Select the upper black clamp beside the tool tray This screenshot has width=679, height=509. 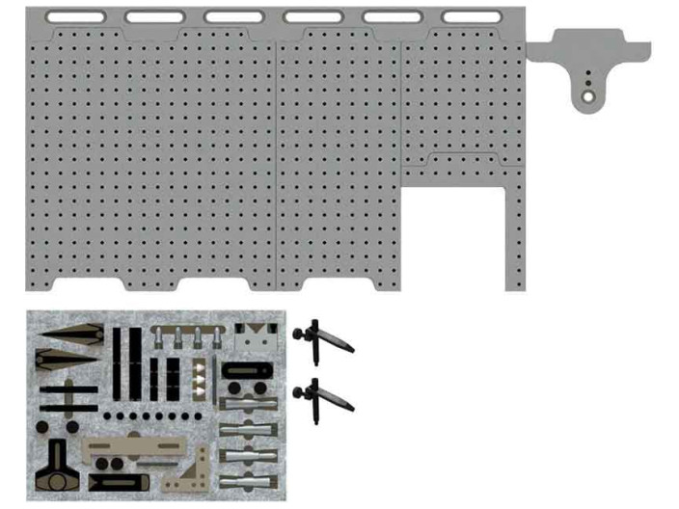click(x=322, y=337)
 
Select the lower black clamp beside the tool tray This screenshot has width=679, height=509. click(x=322, y=395)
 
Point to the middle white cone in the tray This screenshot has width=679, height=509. click(x=200, y=380)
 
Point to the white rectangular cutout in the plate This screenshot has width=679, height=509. click(x=453, y=236)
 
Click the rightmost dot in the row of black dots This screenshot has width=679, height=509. click(x=199, y=416)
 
